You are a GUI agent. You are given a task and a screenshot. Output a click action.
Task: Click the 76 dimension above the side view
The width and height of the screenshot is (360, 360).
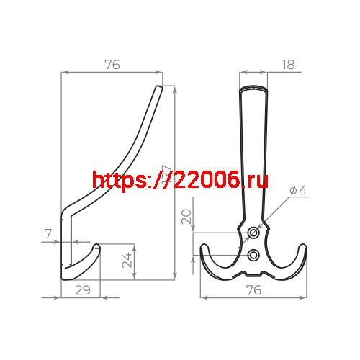tap(112, 65)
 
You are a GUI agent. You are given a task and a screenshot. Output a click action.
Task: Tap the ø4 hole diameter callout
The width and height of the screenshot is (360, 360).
tap(298, 191)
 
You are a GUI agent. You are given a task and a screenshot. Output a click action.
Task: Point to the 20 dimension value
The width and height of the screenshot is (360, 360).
tap(186, 217)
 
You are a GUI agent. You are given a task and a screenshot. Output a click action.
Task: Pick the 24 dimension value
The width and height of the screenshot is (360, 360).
tap(126, 260)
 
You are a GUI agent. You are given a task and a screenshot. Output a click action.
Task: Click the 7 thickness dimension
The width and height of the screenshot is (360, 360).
tap(48, 234)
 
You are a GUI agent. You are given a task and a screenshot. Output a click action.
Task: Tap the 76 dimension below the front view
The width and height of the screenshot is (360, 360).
tap(253, 290)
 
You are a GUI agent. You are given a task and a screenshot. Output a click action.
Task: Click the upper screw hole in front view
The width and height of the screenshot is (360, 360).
tap(253, 233)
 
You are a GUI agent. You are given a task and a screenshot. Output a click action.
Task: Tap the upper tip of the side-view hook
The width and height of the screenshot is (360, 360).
tap(159, 89)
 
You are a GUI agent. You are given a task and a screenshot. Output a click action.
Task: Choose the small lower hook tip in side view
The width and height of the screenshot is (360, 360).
tap(96, 248)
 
